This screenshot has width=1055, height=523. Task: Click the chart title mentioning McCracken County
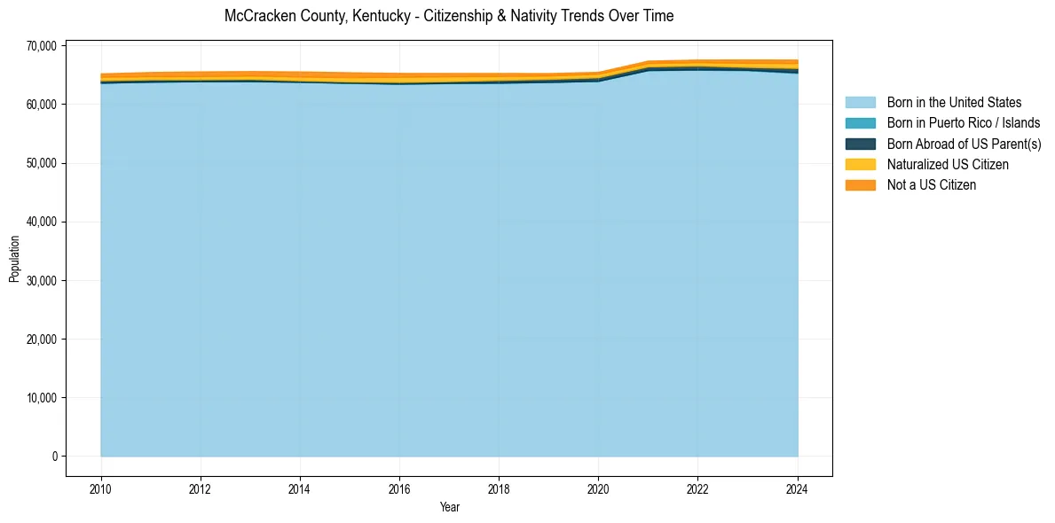pyautogui.click(x=449, y=16)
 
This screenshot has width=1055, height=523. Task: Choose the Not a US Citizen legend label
pyautogui.click(x=931, y=184)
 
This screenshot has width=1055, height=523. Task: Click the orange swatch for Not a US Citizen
pyautogui.click(x=860, y=184)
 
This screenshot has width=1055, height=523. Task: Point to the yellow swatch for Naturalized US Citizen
pyautogui.click(x=860, y=164)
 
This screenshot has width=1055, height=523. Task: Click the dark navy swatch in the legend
pyautogui.click(x=860, y=144)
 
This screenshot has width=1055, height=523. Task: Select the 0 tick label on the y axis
pyautogui.click(x=54, y=457)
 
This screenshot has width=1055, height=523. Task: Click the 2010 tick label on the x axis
pyautogui.click(x=101, y=488)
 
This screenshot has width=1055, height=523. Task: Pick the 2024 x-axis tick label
pyautogui.click(x=798, y=488)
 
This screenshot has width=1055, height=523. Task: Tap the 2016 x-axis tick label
pyautogui.click(x=399, y=488)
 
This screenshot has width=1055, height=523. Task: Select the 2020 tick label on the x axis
pyautogui.click(x=598, y=488)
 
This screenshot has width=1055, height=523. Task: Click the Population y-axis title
pyautogui.click(x=14, y=259)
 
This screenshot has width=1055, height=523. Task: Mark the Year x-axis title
pyautogui.click(x=449, y=507)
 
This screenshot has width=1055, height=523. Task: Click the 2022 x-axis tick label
pyautogui.click(x=697, y=488)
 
